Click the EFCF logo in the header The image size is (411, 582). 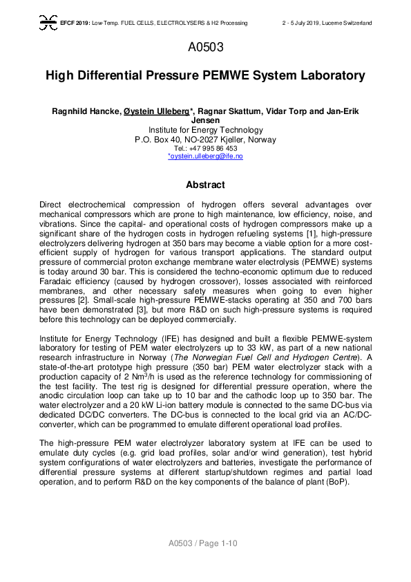click(x=48, y=24)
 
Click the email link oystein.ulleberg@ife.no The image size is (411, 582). click(x=205, y=156)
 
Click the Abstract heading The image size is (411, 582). click(x=205, y=185)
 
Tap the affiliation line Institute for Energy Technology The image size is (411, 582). click(x=205, y=130)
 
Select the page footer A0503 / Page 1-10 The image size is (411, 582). click(x=205, y=544)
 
